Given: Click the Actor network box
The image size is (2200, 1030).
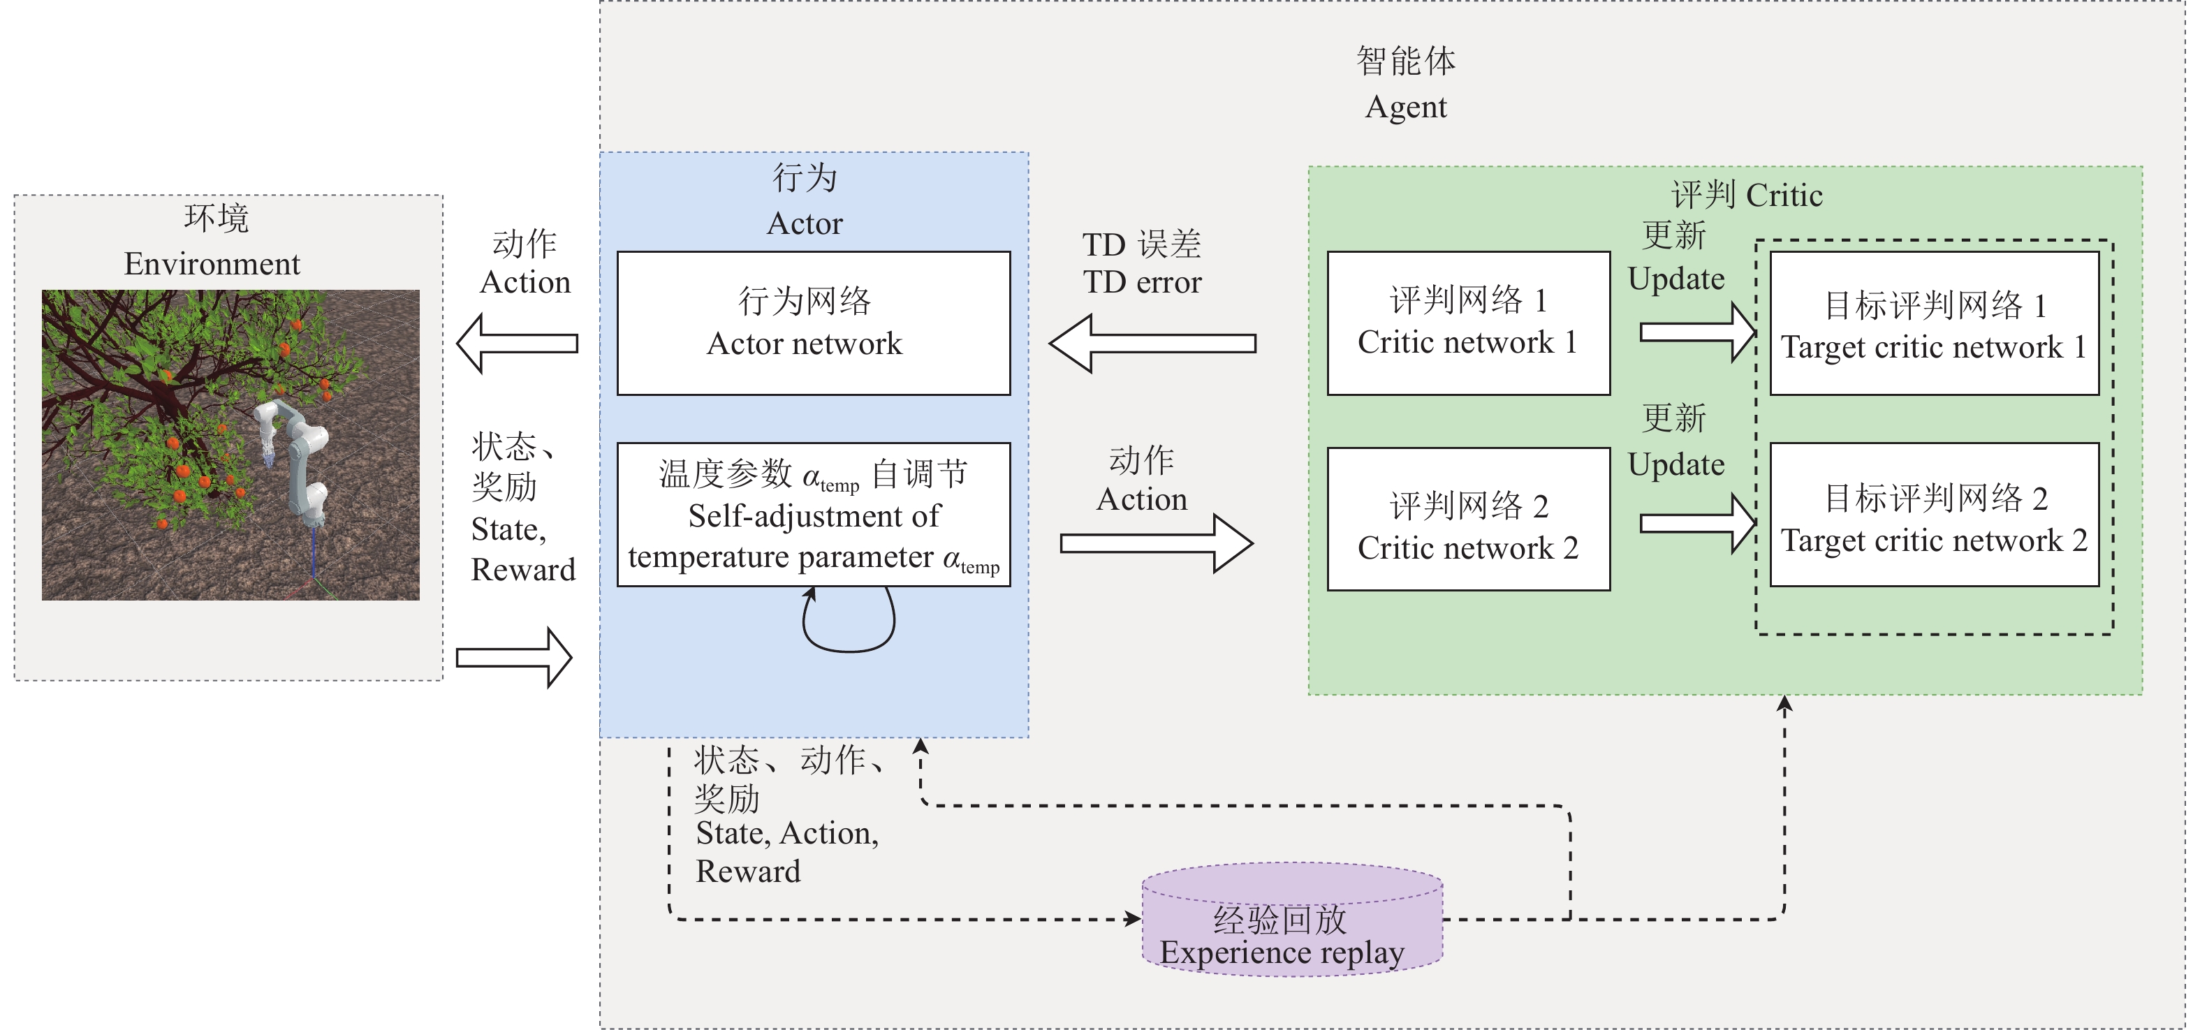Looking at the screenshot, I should point(813,323).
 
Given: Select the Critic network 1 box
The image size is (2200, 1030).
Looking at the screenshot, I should point(1468,323).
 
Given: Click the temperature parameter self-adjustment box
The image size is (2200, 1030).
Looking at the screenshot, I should point(813,514).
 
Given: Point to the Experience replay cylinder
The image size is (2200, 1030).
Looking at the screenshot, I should point(1292,920).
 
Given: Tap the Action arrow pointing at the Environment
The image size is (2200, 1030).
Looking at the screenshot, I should point(517,344).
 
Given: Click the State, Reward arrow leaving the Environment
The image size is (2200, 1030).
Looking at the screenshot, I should point(514,658).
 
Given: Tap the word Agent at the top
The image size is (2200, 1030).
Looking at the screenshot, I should point(1406,108).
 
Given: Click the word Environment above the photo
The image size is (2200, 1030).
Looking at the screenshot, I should point(212,264).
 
